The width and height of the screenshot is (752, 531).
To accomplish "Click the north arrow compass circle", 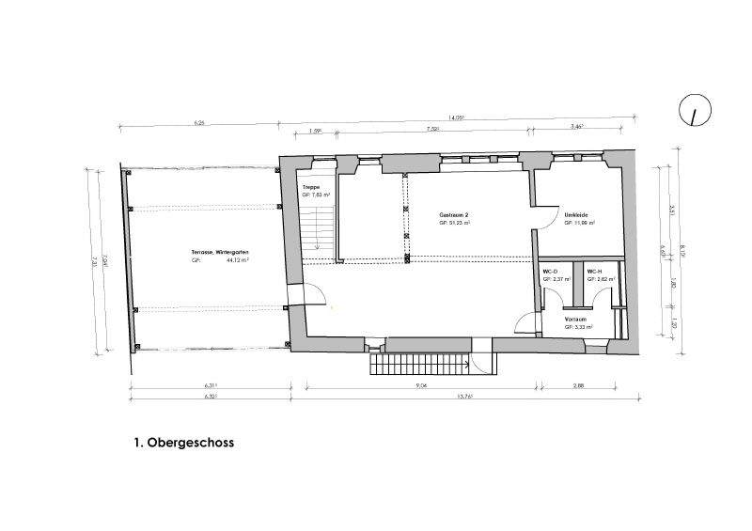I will [x=695, y=111].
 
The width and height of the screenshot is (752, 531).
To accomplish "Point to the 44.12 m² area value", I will [x=237, y=262].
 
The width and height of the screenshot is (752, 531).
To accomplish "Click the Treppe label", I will [x=310, y=188].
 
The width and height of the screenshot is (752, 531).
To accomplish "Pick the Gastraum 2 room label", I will [x=454, y=216].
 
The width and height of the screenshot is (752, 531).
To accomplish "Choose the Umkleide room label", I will [x=576, y=216].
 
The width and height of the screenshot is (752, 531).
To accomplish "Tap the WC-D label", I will [x=550, y=272].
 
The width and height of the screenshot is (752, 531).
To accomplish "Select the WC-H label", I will [x=594, y=272].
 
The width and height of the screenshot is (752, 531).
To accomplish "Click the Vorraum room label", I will [x=575, y=320].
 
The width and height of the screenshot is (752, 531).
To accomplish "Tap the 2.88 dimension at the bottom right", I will [x=578, y=385].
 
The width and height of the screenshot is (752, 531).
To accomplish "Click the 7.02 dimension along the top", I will [x=433, y=129].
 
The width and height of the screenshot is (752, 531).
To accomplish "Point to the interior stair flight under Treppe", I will [x=319, y=226].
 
